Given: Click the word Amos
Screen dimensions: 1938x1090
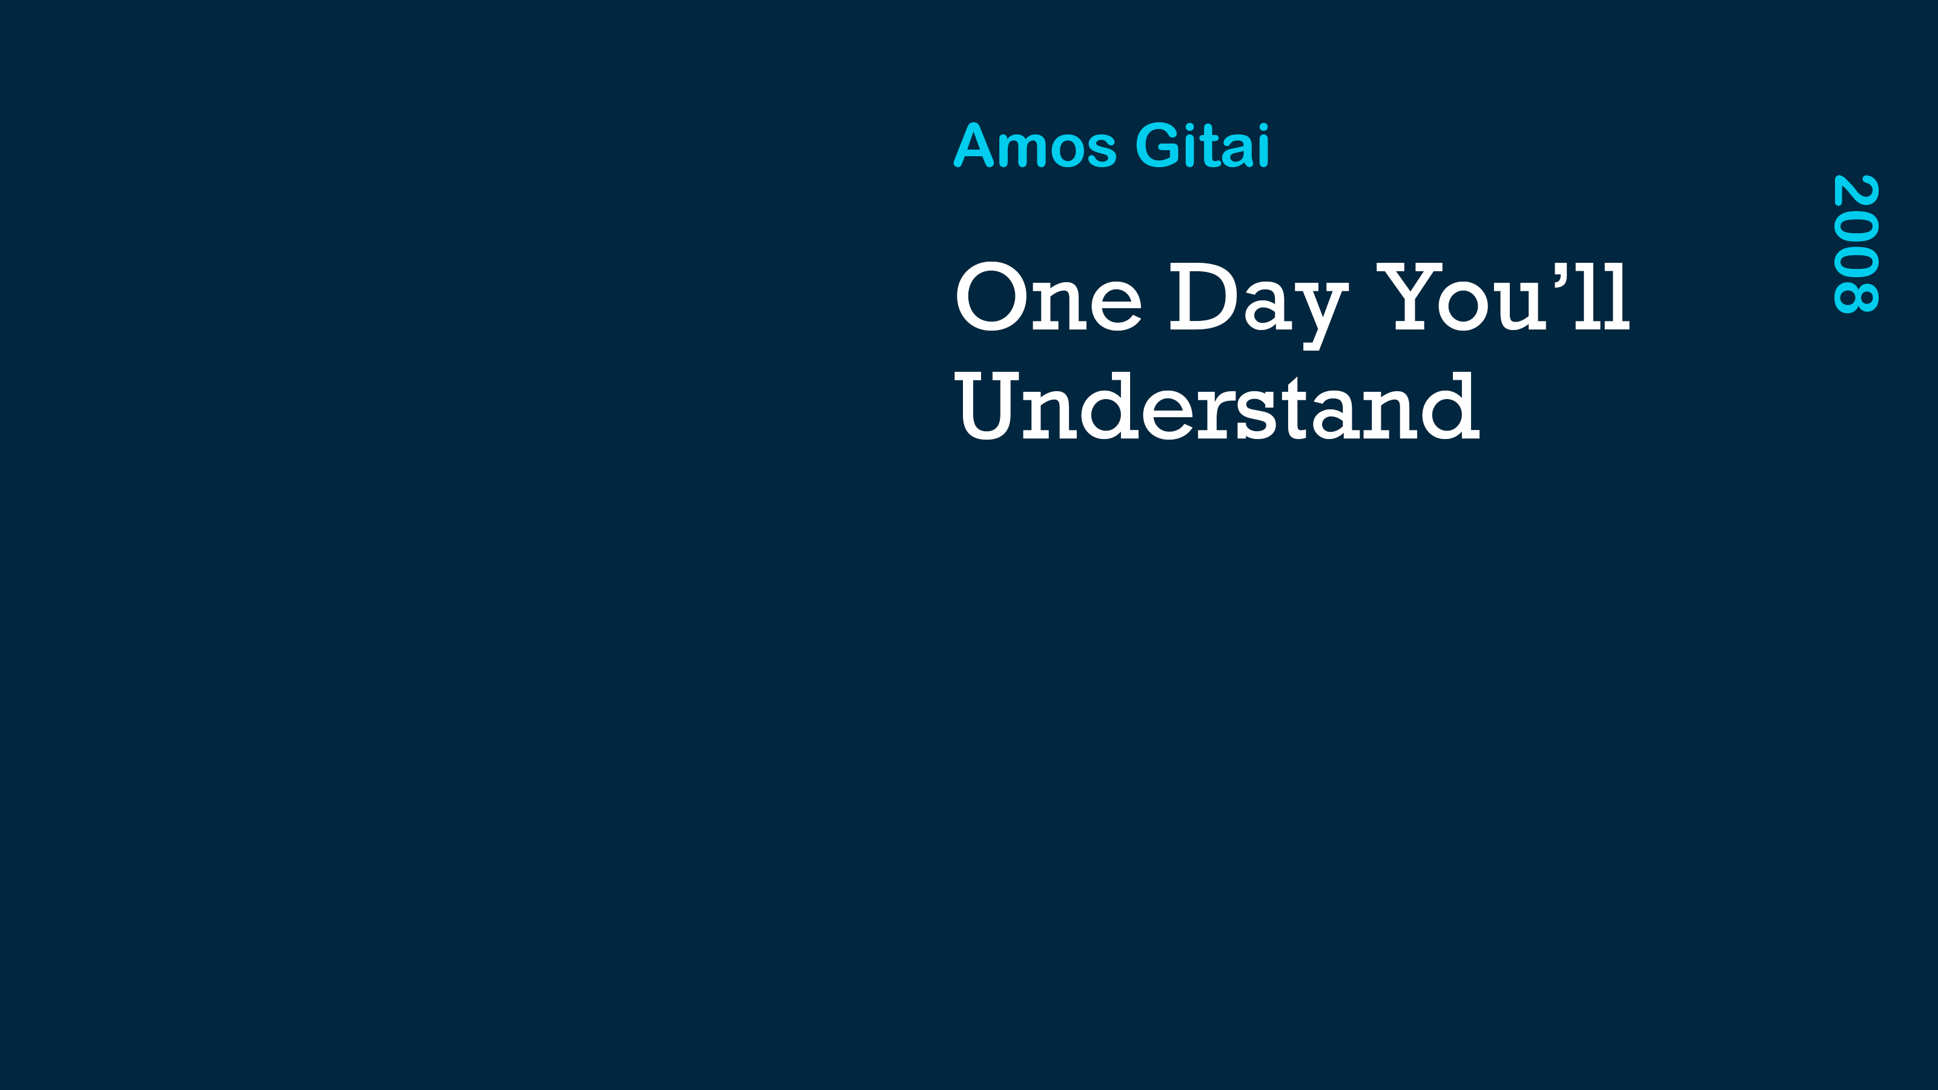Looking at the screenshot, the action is coord(1035,145).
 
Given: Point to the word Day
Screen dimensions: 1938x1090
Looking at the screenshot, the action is coord(1258,305).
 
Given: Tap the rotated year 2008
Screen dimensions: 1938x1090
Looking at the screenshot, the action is coord(1856,243).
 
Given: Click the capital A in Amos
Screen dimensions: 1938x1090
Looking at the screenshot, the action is coord(973,145).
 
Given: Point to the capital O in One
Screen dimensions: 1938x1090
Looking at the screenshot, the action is coord(991,296).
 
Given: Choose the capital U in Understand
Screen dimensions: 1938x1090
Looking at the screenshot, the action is coord(987,406).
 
